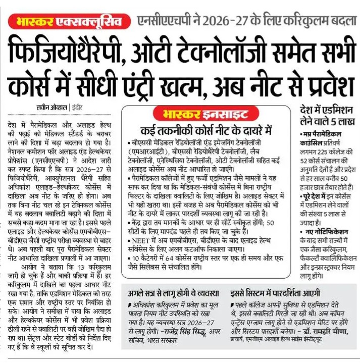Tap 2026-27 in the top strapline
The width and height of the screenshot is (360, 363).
coord(222,22)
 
